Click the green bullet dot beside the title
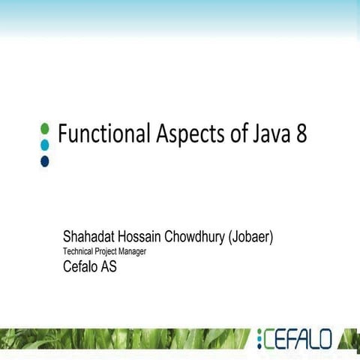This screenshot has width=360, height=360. click(44, 128)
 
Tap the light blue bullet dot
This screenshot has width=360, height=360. click(44, 144)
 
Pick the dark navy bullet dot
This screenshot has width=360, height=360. click(44, 160)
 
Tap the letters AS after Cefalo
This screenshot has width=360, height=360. click(109, 266)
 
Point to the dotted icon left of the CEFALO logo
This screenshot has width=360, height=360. click(259, 340)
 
